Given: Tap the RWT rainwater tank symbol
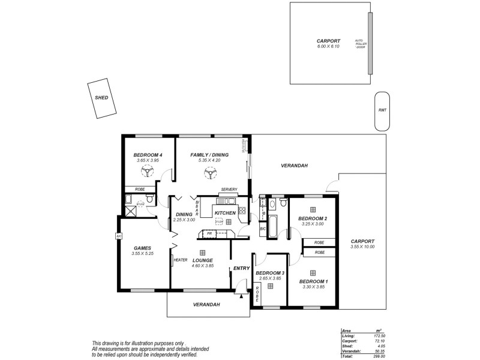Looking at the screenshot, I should [382, 110].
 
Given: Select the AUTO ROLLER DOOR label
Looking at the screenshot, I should [360, 43].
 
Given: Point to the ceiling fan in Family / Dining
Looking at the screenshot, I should [210, 173].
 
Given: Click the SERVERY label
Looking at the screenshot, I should [229, 190].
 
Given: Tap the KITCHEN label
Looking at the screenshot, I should [224, 213].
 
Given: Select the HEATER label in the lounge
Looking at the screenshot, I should [181, 260].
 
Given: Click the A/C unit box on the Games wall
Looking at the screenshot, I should [119, 236].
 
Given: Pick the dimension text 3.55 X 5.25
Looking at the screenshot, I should [142, 254].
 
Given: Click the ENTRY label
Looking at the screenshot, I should [241, 268].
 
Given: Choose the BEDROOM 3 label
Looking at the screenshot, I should [270, 272].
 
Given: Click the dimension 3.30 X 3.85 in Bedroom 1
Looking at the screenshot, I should [313, 287].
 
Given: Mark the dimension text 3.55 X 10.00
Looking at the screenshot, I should [362, 247].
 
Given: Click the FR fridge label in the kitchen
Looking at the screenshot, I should [209, 233].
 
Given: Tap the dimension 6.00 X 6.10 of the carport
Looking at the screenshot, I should [328, 46].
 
